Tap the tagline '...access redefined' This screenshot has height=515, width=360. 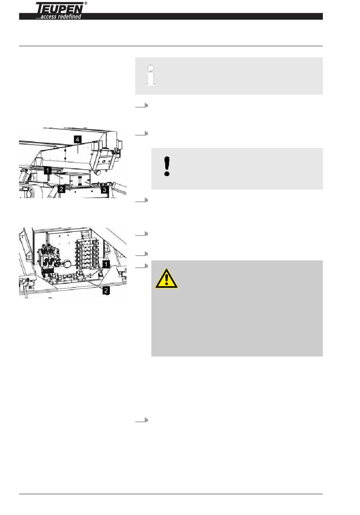(x=58, y=17)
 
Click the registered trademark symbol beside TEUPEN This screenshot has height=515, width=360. (x=86, y=3)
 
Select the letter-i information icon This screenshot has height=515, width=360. (x=151, y=75)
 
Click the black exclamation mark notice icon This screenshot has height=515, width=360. (x=167, y=166)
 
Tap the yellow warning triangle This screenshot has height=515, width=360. (x=166, y=278)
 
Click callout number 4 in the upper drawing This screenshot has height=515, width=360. (x=78, y=139)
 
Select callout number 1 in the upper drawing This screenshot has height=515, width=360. (x=48, y=170)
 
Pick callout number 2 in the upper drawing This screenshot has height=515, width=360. (x=61, y=189)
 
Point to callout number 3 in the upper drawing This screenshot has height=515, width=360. (x=105, y=190)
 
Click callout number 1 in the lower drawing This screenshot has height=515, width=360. (x=106, y=264)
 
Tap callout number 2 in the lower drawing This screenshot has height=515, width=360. (x=106, y=290)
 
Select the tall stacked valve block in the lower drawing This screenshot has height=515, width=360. (x=88, y=253)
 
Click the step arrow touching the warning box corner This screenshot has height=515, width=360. (x=142, y=266)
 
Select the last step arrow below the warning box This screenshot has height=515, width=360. (x=142, y=420)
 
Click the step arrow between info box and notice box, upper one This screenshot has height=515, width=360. (x=142, y=106)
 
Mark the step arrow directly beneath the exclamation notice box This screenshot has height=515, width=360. (x=142, y=200)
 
